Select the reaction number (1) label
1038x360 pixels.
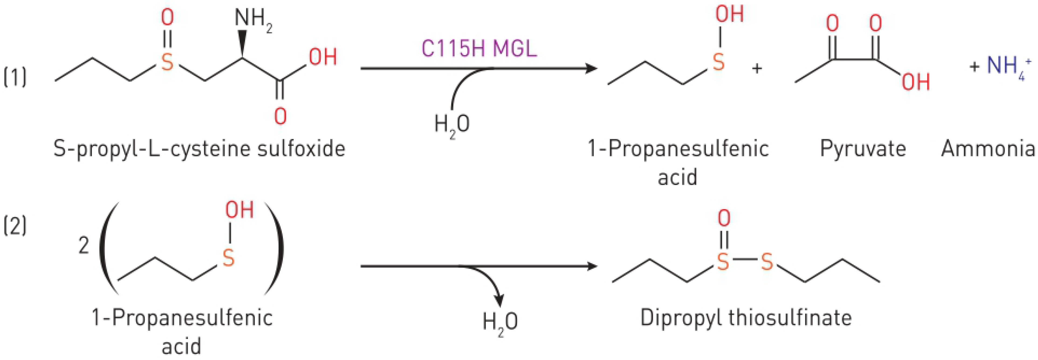pyautogui.click(x=15, y=77)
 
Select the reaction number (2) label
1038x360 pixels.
pyautogui.click(x=15, y=227)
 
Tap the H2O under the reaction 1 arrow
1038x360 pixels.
pyautogui.click(x=452, y=124)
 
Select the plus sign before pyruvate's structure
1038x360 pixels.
pyautogui.click(x=757, y=69)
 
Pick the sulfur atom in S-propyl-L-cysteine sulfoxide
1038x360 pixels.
pyautogui.click(x=167, y=63)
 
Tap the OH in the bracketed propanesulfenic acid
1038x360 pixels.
pyautogui.click(x=239, y=210)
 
